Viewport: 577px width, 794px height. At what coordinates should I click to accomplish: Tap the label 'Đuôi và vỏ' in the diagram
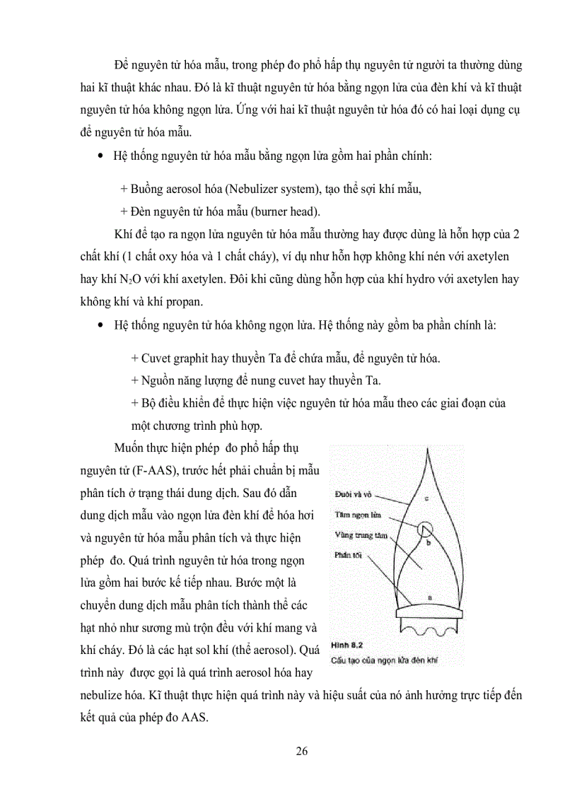351,494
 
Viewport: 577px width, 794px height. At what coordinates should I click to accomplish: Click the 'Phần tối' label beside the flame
348,556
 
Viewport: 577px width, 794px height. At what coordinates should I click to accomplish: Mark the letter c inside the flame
426,498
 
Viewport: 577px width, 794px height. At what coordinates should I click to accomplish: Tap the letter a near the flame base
429,597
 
